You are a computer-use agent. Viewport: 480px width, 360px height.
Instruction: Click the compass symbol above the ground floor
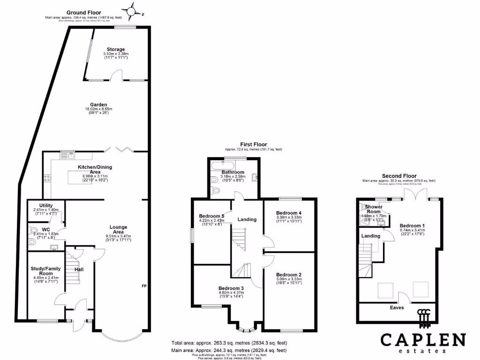(x=132, y=10)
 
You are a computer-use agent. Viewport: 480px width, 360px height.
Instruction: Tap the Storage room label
(x=115, y=49)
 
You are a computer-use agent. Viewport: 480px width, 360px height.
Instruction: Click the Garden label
(x=99, y=105)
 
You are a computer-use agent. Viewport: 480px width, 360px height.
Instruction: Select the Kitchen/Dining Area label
(x=95, y=167)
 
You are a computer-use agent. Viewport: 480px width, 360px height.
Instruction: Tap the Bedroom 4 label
(x=288, y=213)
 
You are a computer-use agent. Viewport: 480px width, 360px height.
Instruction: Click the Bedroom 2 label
(x=288, y=275)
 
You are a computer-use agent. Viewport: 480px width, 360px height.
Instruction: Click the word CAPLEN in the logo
(x=422, y=339)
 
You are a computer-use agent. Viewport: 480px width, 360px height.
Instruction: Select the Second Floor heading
(x=399, y=176)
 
